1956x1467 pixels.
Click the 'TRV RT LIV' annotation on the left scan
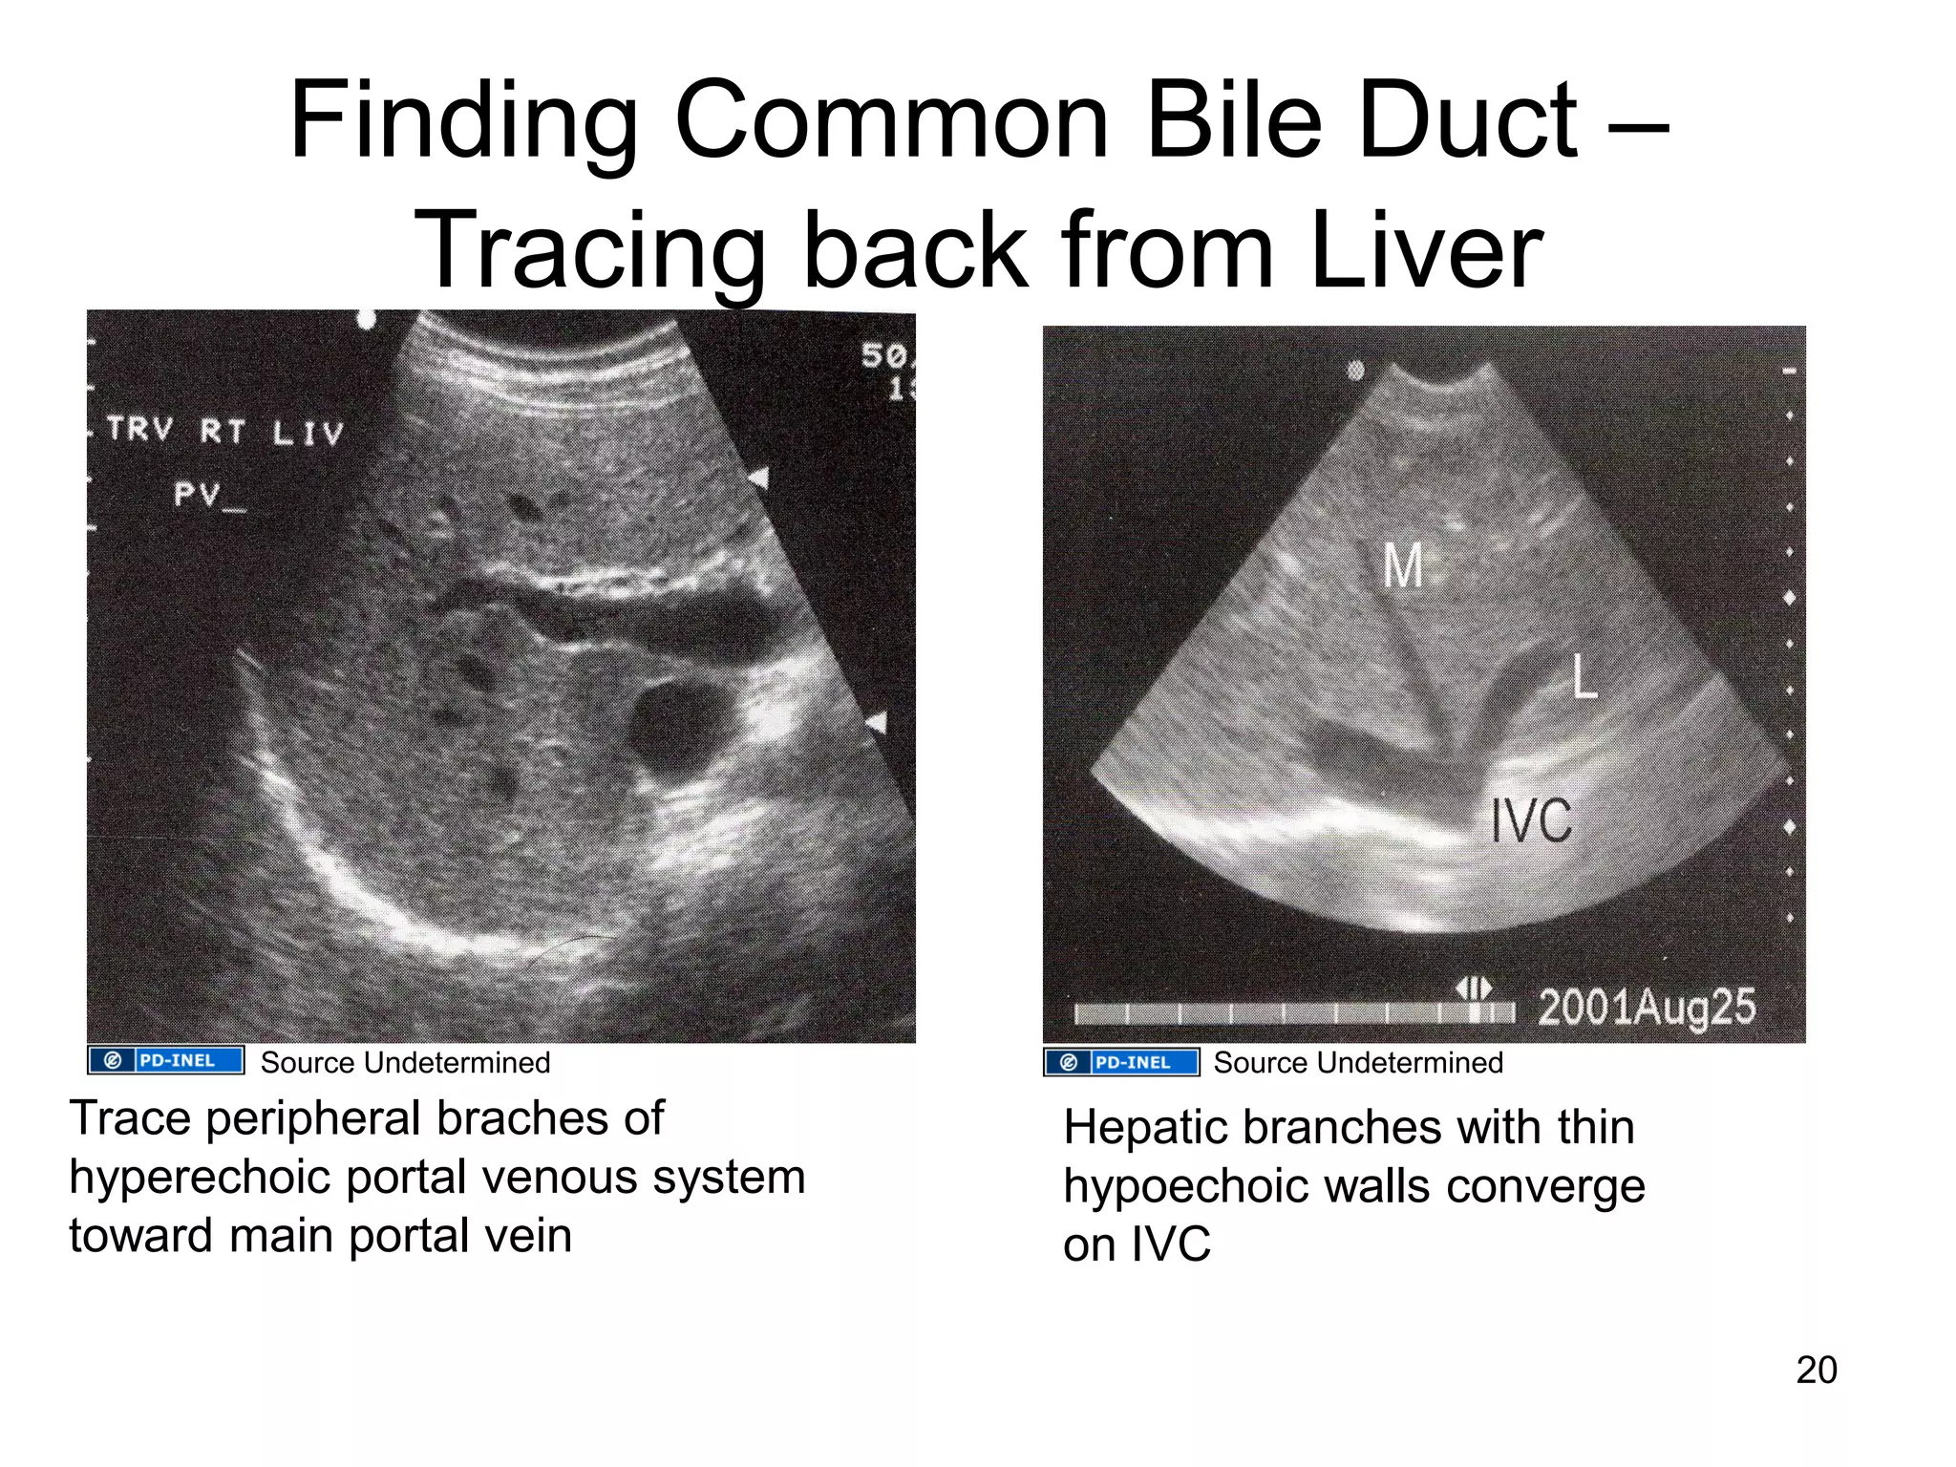pyautogui.click(x=224, y=431)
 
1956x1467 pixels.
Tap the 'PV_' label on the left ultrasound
pyautogui.click(x=208, y=495)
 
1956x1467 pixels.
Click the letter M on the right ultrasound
pyautogui.click(x=1403, y=565)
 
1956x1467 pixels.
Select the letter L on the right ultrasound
pyautogui.click(x=1584, y=677)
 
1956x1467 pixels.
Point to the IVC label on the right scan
pyautogui.click(x=1531, y=820)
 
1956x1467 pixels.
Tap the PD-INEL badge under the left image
pyautogui.click(x=165, y=1061)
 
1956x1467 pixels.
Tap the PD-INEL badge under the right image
pyautogui.click(x=1121, y=1062)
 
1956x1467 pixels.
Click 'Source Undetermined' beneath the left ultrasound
pyautogui.click(x=405, y=1063)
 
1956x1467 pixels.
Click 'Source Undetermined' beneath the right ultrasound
pyautogui.click(x=1357, y=1063)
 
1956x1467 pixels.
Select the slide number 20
pyautogui.click(x=1816, y=1370)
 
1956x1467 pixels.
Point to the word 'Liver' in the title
pyautogui.click(x=1426, y=250)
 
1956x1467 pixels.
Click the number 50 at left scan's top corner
pyautogui.click(x=883, y=355)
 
